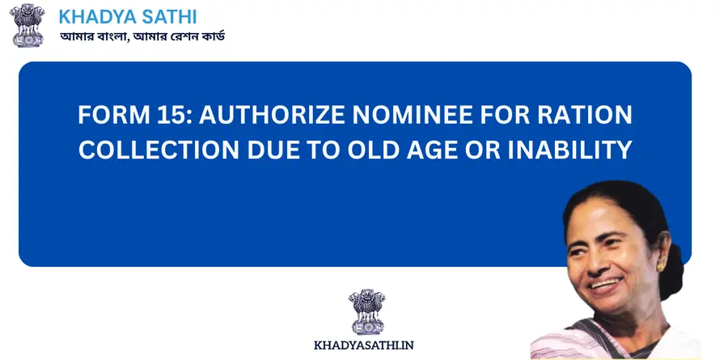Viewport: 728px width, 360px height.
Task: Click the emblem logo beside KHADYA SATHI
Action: [29, 25]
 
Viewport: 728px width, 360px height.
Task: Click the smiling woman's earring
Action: [662, 265]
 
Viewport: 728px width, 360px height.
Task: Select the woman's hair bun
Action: [676, 267]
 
